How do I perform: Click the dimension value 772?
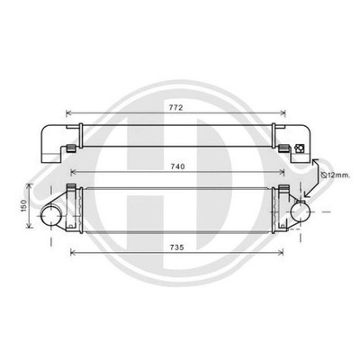(175, 107)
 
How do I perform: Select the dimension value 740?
(177, 166)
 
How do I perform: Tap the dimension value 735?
(176, 247)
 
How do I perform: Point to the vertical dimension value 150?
(24, 206)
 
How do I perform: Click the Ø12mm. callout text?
(335, 175)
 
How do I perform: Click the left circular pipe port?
(51, 216)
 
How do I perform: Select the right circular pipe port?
(301, 211)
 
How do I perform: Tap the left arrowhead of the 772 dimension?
(68, 112)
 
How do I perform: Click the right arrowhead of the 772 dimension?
(283, 112)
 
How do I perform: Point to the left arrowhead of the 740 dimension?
(74, 172)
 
